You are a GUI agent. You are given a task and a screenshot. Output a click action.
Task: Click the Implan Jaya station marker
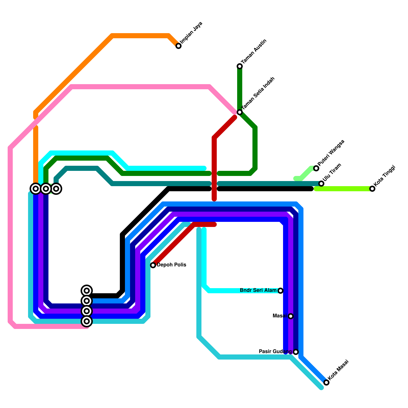pos(178,46)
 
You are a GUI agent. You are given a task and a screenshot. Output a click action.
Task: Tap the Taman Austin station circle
pos(240,66)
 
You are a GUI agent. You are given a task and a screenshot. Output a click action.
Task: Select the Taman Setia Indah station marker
pos(240,112)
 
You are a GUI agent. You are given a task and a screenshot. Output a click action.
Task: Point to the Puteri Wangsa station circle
pos(316,168)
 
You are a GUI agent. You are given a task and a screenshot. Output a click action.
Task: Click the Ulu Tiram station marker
pos(321,184)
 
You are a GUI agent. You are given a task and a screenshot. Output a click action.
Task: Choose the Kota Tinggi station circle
pos(372,189)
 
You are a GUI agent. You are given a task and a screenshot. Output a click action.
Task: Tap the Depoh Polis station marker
pos(153,265)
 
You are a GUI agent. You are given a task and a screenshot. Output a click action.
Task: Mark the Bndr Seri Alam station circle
pos(280,291)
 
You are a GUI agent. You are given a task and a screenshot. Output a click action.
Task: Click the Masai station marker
pos(291,316)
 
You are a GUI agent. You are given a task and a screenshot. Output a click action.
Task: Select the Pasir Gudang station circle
pos(296,352)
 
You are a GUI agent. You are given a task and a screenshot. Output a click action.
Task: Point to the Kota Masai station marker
pos(326,382)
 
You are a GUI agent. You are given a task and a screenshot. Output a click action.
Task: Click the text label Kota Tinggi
pos(384,176)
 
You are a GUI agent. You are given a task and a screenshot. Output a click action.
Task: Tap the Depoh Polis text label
pos(171,265)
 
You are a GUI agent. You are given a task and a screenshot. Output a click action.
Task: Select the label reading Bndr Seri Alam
pos(258,290)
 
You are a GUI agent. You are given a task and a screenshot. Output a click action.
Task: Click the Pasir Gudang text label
pos(275,352)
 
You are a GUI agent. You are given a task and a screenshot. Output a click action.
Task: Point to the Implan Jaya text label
pos(191,33)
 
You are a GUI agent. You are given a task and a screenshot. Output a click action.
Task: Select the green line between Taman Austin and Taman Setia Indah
pos(240,89)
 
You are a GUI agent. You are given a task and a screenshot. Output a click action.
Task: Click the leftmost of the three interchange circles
pos(36,189)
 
